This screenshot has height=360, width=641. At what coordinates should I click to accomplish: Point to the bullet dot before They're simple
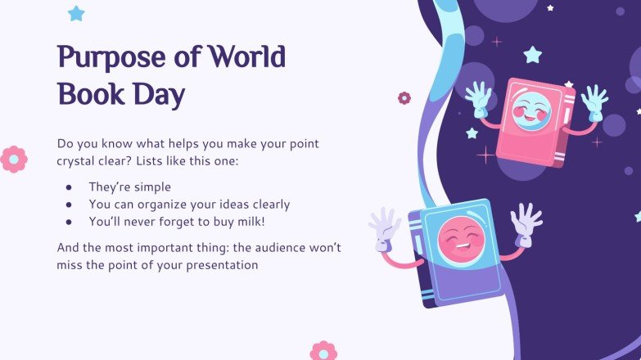pos(70,187)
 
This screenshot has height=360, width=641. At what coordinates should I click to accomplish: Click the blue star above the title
pos(76,13)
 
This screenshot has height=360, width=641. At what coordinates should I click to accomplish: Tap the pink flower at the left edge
pos(13,159)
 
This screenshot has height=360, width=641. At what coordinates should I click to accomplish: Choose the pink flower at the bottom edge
pos(323,352)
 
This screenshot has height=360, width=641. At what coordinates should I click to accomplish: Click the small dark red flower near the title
pos(404,98)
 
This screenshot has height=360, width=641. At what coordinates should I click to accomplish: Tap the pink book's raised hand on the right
pos(594,100)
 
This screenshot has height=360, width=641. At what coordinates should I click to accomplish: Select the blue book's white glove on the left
pos(385,225)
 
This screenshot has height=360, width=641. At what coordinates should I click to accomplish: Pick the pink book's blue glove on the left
pos(479,97)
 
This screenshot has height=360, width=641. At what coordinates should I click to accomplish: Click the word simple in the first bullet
pos(151,187)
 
